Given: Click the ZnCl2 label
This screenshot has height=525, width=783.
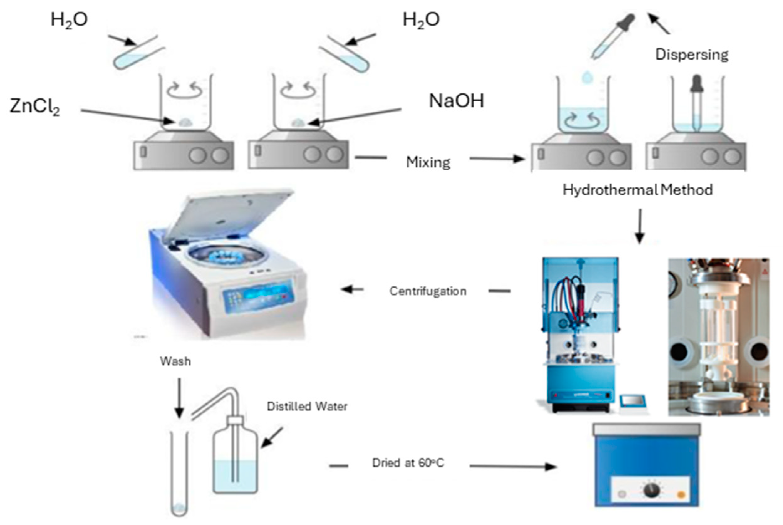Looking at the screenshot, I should pyautogui.click(x=35, y=106).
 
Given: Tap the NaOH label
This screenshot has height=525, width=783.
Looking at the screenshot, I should pyautogui.click(x=456, y=101).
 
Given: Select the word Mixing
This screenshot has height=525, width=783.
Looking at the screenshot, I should pyautogui.click(x=428, y=162).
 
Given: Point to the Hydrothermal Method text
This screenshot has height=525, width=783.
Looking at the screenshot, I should pyautogui.click(x=637, y=190).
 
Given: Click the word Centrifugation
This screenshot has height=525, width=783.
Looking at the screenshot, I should pyautogui.click(x=428, y=291).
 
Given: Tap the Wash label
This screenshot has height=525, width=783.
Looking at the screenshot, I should pyautogui.click(x=175, y=361).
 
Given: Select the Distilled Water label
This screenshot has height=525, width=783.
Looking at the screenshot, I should pyautogui.click(x=307, y=406).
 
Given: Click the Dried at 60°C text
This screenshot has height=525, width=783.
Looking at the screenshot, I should pyautogui.click(x=408, y=463).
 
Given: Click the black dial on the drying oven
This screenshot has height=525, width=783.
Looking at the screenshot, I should pyautogui.click(x=651, y=490).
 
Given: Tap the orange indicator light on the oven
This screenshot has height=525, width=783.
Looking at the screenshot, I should pyautogui.click(x=680, y=495).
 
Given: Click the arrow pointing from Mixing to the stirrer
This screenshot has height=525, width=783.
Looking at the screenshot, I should pyautogui.click(x=497, y=159).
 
